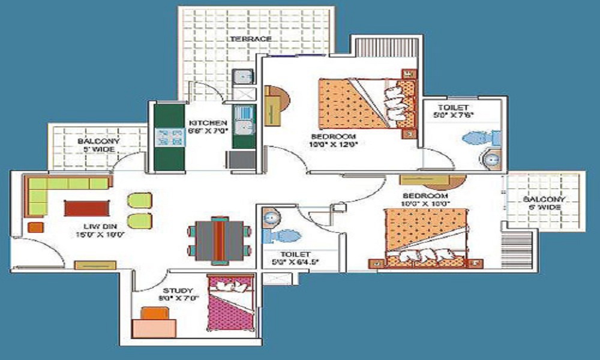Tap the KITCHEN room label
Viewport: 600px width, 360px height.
tap(206, 122)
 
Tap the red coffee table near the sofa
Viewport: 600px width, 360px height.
tap(87, 208)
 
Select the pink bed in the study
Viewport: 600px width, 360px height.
tap(230, 303)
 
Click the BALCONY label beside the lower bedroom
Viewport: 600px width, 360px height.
tap(542, 199)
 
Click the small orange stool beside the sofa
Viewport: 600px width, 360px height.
tap(35, 227)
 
